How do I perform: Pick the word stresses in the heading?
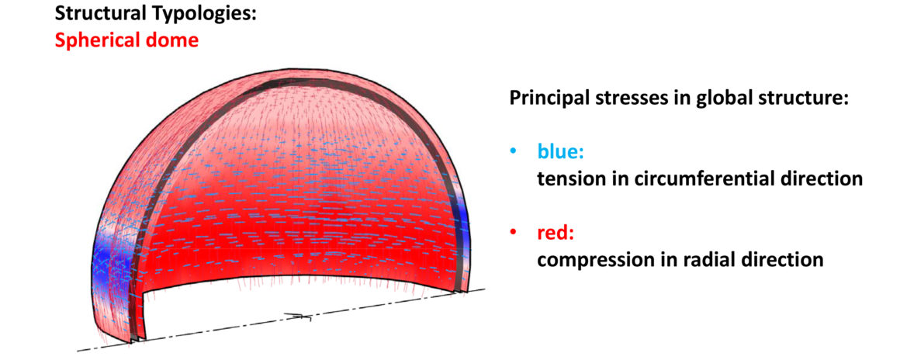click(628, 99)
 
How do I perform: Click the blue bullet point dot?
click(513, 154)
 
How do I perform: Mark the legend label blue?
click(558, 154)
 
